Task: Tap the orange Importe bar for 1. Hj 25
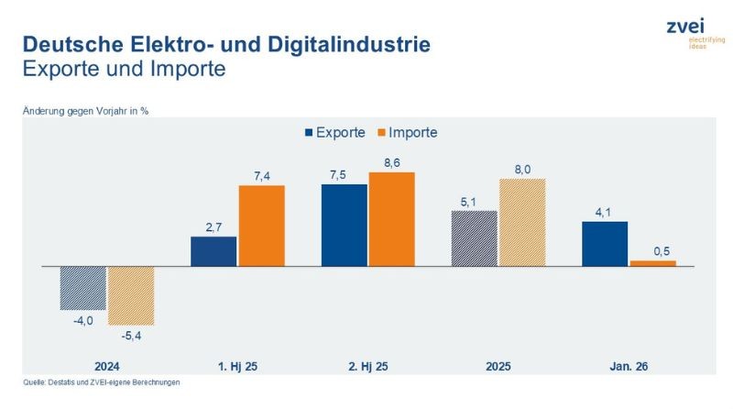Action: coord(262,226)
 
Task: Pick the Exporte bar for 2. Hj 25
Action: coord(344,225)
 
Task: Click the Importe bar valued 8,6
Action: coord(392,219)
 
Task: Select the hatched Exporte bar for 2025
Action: coord(475,238)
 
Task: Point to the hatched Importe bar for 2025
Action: coord(522,222)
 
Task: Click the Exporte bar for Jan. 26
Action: coord(606,244)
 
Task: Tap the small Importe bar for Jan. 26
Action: coord(653,263)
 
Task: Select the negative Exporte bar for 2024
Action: coord(83,287)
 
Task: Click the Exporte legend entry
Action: coord(334,132)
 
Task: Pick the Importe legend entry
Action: coord(406,132)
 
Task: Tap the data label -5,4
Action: coord(131,335)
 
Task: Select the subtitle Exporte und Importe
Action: coord(123,69)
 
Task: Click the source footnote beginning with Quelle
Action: coord(102,382)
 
